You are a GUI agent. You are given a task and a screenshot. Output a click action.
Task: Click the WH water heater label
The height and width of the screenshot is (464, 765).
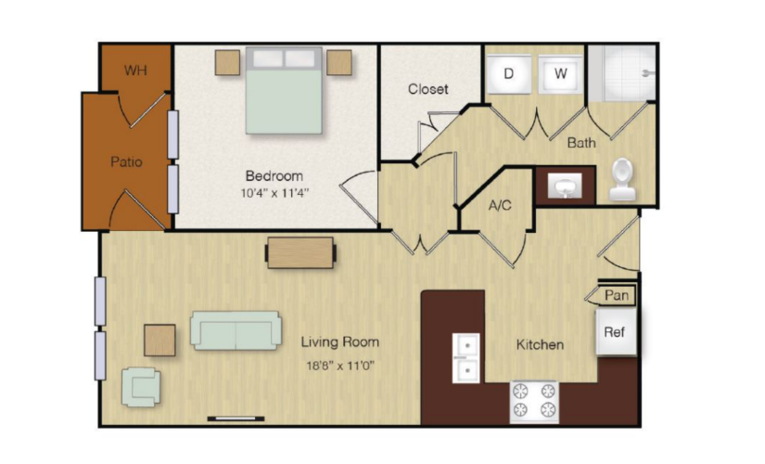[135, 71]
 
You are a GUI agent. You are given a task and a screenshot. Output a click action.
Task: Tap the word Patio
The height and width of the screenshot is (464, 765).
[126, 161]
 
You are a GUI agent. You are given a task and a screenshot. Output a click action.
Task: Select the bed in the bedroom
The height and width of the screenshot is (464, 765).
[284, 90]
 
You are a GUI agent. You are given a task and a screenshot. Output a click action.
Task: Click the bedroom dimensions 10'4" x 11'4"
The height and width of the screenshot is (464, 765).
[274, 193]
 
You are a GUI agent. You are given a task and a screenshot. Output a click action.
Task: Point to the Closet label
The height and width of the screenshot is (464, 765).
[427, 89]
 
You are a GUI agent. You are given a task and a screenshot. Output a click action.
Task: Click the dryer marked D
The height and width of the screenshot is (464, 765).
[508, 73]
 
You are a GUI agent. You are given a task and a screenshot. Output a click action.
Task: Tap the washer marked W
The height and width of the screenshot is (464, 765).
[560, 73]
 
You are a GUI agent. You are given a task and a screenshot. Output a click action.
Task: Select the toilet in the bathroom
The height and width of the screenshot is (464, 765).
[622, 179]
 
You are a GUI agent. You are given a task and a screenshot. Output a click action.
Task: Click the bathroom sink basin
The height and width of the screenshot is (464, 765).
[565, 186]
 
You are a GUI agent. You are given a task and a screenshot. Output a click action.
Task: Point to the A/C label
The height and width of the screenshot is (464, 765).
[500, 205]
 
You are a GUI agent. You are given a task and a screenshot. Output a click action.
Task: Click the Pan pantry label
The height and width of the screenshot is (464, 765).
[617, 295]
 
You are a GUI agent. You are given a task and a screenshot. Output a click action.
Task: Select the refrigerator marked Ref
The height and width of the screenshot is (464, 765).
[616, 332]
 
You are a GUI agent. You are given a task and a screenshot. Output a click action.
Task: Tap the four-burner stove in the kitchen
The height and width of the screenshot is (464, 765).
[534, 402]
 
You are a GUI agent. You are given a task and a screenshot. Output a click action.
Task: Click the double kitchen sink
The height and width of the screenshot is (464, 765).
[465, 358]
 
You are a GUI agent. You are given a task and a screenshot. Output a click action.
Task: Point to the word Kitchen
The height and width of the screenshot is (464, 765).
[540, 345]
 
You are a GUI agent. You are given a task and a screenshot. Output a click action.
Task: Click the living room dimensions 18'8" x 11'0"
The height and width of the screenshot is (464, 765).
[340, 366]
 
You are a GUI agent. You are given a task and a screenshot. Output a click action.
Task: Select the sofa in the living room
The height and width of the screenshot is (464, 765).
[236, 330]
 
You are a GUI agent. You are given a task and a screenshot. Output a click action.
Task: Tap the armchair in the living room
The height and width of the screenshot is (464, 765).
[141, 387]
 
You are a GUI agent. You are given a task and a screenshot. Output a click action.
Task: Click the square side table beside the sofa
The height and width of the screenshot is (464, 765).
[159, 340]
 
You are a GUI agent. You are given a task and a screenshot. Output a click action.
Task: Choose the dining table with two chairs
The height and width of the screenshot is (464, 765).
[300, 252]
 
